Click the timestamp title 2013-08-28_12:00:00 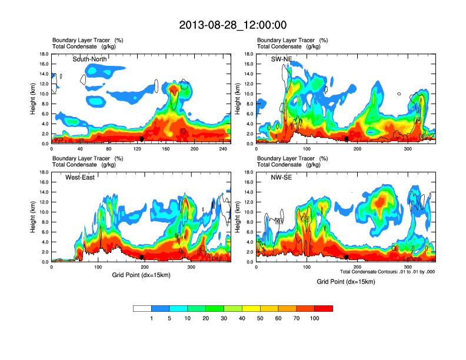232,25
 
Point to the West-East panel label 82,177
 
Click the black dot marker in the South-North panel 142,139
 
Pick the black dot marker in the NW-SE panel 347,257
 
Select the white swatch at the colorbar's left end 142,308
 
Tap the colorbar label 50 260,318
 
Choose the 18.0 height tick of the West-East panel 44,172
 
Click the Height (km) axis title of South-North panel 33,98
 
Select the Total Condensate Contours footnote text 387,272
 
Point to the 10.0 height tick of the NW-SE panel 248,212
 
